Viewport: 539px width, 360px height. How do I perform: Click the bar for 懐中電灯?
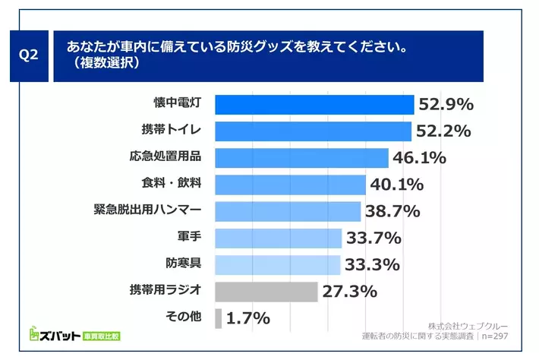(x=314, y=104)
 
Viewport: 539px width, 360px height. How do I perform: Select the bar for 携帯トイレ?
(x=314, y=131)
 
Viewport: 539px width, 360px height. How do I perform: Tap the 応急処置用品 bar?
(x=302, y=157)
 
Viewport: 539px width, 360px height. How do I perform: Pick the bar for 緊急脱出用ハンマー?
(x=288, y=211)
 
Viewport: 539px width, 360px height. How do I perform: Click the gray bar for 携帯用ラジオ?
(x=266, y=292)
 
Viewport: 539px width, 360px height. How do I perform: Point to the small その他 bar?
(x=219, y=318)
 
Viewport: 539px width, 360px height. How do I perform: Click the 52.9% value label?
(x=445, y=104)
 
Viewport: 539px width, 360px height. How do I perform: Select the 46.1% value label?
(x=419, y=158)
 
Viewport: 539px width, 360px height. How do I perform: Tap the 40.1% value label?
(x=396, y=185)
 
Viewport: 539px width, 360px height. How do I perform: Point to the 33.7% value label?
(x=374, y=238)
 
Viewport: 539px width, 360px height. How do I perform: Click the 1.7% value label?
(x=247, y=318)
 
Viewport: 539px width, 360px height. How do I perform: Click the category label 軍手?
(x=188, y=238)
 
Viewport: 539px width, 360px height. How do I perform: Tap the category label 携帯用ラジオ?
(x=165, y=291)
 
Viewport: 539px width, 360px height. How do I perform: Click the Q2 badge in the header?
(x=27, y=56)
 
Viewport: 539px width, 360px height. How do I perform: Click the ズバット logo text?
(x=61, y=335)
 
